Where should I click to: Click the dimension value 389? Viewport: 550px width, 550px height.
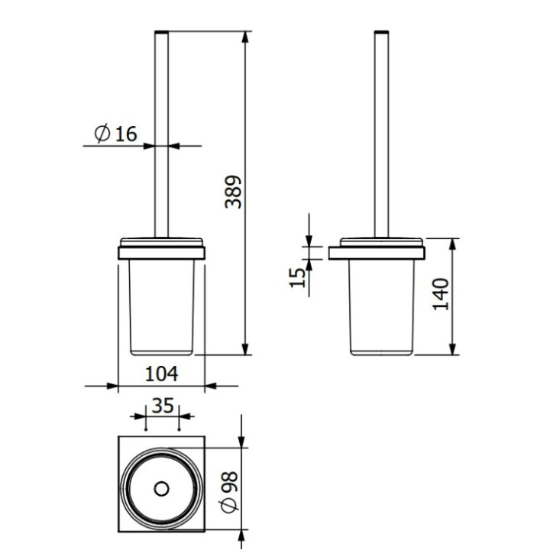tap(235, 192)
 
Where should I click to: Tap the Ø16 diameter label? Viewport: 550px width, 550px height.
tap(116, 134)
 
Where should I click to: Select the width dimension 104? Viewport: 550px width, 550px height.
tap(161, 374)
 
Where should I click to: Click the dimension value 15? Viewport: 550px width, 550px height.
tap(299, 277)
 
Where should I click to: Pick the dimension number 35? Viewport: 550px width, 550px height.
tap(162, 406)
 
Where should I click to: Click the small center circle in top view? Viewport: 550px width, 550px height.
tap(161, 487)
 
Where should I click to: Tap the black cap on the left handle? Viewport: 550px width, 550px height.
tap(161, 33)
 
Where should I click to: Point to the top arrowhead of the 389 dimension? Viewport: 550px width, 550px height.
tap(246, 37)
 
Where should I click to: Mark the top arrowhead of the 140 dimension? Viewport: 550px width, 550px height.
tap(453, 244)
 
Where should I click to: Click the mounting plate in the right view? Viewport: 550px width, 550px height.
tap(377, 253)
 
